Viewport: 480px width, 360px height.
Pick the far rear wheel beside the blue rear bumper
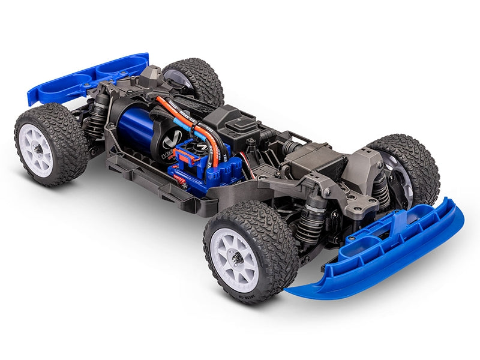click(195, 81)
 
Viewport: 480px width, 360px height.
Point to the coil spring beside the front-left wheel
click(312, 225)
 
